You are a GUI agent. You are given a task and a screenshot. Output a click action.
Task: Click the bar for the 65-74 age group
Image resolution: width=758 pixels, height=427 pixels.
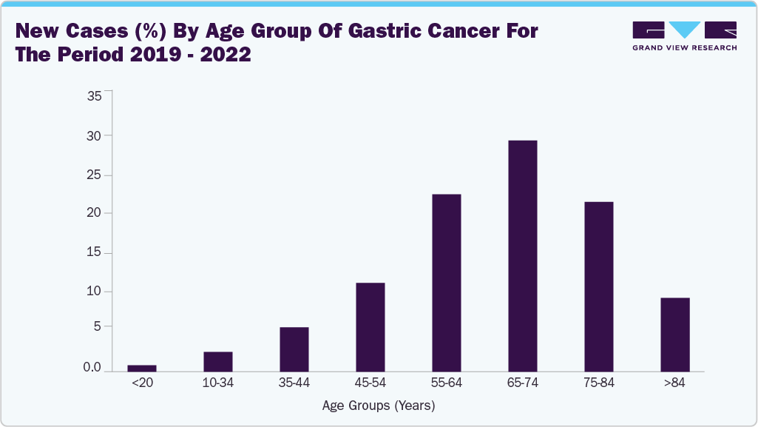point(522,255)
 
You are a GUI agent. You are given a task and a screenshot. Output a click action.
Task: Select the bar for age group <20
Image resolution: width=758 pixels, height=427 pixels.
point(142,368)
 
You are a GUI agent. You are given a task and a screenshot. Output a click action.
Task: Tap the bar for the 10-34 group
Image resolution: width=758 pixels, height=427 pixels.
point(218,361)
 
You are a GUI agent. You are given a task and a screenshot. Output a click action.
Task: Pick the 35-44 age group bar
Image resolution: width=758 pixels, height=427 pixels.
point(294,349)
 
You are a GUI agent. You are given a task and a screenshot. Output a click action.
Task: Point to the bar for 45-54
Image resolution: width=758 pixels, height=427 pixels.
point(370,326)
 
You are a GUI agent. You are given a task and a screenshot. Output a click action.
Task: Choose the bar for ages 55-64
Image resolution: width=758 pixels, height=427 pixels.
point(446,282)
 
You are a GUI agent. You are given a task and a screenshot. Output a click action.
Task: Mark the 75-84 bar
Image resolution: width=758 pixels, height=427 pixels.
point(598,286)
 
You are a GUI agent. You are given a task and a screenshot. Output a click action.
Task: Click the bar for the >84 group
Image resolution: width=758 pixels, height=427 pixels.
point(674,334)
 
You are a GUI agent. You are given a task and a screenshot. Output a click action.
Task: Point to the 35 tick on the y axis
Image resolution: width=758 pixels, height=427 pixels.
point(95,95)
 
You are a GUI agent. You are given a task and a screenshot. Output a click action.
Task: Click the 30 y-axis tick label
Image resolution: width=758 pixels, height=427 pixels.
point(95,135)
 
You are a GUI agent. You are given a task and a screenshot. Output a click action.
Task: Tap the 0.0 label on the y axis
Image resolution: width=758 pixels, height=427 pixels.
point(92,367)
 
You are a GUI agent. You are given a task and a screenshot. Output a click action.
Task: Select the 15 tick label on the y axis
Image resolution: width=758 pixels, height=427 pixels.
point(95,253)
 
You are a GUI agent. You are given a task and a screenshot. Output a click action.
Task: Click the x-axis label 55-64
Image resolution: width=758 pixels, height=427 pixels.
point(446,383)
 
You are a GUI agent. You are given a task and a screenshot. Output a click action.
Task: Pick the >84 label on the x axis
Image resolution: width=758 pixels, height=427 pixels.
point(674,383)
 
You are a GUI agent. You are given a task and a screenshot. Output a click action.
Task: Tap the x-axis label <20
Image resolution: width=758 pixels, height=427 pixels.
point(141,383)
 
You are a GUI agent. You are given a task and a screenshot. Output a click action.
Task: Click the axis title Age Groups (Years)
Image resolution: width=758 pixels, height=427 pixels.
point(379,406)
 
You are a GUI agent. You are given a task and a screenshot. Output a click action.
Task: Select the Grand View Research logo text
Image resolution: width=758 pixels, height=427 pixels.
point(684,47)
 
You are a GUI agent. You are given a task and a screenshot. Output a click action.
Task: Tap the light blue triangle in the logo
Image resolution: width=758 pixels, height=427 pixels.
point(685,30)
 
